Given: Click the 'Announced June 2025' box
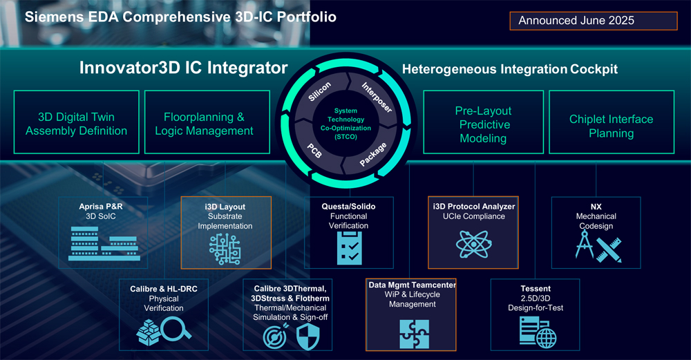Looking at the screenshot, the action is [x=593, y=21].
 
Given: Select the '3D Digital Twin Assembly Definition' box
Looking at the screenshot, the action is [x=76, y=122].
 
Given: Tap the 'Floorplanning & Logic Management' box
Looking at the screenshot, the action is [x=207, y=122].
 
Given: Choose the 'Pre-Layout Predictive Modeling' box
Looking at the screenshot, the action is [x=484, y=122].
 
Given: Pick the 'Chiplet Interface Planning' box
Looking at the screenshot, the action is [x=612, y=122].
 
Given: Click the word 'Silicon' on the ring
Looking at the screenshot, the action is [x=319, y=92].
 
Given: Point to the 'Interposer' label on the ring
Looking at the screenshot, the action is [x=377, y=97].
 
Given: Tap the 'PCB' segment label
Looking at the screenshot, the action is [x=314, y=151].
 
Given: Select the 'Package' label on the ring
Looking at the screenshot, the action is [x=373, y=154].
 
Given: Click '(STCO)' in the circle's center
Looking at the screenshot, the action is [x=345, y=137].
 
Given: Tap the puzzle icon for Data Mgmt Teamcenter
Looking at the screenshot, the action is [x=414, y=334].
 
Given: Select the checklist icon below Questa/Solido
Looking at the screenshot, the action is [x=350, y=248].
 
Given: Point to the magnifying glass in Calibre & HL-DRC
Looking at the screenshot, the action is [x=176, y=329].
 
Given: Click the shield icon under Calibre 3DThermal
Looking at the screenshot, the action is [x=307, y=337].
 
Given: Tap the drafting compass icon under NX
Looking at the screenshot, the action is [x=585, y=245].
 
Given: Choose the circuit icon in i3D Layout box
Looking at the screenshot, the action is [x=225, y=249].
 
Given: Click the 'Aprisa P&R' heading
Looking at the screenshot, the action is [x=101, y=206].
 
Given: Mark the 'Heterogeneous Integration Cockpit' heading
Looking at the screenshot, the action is [x=510, y=69].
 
